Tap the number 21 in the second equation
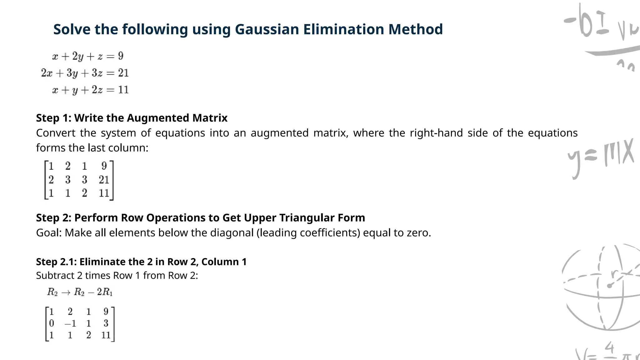[x=123, y=73]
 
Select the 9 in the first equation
[x=121, y=56]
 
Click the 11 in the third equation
[x=123, y=90]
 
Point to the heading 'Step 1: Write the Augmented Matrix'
[x=132, y=118]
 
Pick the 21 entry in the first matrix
[x=104, y=180]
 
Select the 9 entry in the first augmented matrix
[x=104, y=166]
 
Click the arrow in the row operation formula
[x=66, y=292]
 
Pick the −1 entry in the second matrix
[x=70, y=323]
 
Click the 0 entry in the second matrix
[x=52, y=323]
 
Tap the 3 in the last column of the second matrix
[x=106, y=323]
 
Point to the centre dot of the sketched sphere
[x=609, y=286]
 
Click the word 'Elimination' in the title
[x=344, y=29]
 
